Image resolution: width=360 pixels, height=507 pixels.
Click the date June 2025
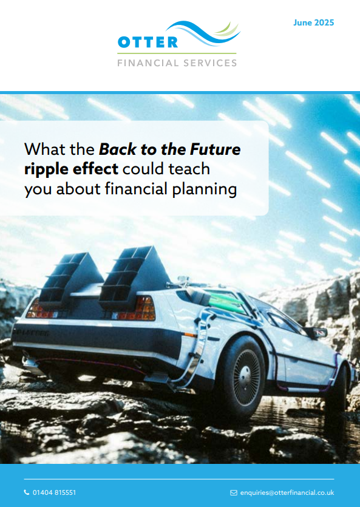313,22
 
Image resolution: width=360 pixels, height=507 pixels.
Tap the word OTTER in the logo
148,42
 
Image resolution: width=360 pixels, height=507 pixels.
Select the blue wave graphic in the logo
203,33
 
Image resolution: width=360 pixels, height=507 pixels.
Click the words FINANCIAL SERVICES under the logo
177,63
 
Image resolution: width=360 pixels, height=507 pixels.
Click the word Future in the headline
216,149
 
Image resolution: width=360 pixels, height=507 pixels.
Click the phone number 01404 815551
54,492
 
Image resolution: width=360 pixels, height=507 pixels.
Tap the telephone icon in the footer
27,492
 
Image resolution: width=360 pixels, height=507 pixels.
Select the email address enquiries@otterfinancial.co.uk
287,492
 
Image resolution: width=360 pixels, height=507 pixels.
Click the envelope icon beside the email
234,493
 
